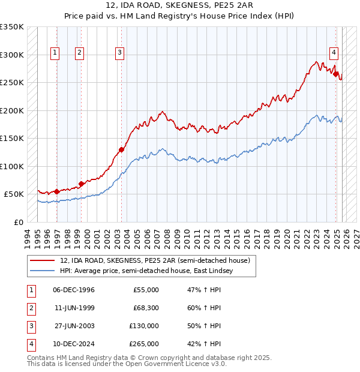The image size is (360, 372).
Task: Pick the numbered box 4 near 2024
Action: click(x=333, y=52)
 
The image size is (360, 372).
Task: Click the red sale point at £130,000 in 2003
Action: click(x=121, y=150)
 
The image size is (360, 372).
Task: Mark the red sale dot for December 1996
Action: click(x=57, y=191)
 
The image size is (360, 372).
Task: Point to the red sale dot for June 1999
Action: click(x=81, y=184)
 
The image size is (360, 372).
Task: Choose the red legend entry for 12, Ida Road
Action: click(x=158, y=260)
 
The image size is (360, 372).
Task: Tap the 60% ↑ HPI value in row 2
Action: click(x=204, y=308)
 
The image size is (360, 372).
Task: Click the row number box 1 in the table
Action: click(x=31, y=290)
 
